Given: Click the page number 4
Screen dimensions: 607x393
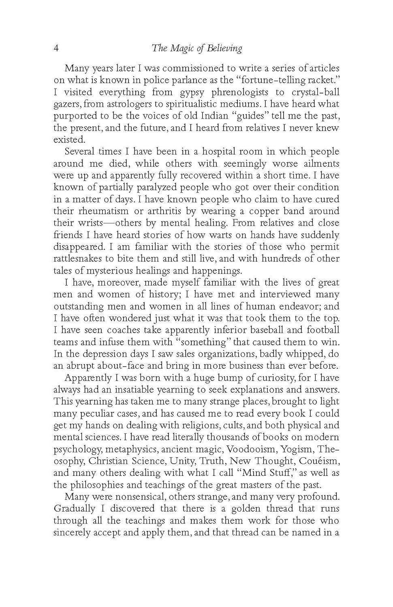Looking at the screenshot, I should [57, 49].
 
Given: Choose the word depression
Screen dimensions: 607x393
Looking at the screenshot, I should [108, 354].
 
